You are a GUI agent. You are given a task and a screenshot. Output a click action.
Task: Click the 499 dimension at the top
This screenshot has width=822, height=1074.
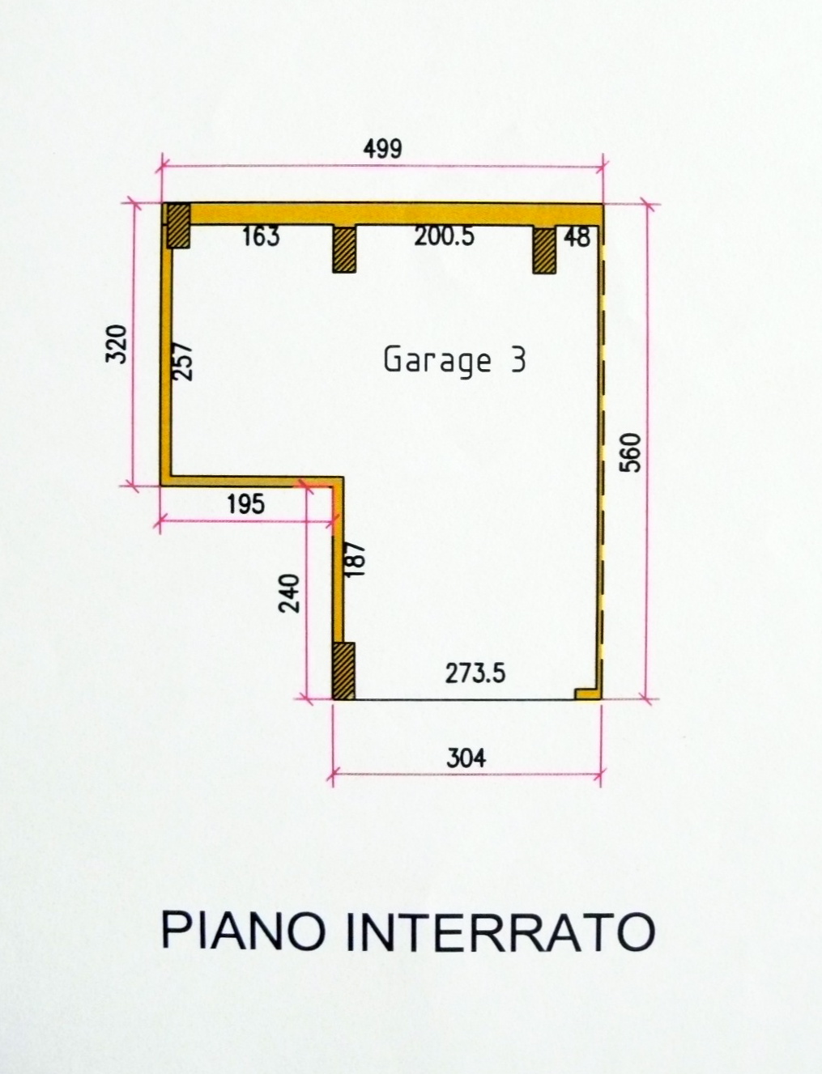(x=382, y=149)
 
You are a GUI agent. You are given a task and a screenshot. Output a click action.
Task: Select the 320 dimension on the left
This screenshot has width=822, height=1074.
(x=117, y=343)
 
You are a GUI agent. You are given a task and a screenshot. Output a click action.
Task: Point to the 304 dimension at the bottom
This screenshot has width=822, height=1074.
(x=466, y=758)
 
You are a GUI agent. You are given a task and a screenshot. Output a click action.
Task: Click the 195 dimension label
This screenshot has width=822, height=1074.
(x=246, y=504)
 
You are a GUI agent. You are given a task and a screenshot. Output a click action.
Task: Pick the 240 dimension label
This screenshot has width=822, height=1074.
(x=288, y=593)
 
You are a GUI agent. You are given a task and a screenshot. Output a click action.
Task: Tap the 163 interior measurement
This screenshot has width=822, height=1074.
(x=261, y=236)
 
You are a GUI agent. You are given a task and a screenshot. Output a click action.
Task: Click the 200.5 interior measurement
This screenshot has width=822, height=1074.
(x=444, y=236)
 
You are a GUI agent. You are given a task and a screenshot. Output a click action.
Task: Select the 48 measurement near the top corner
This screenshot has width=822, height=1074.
(x=577, y=237)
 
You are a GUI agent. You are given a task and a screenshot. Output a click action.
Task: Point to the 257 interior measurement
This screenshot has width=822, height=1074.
(x=184, y=361)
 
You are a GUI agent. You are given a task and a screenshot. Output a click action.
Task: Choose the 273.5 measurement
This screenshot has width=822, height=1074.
(x=475, y=673)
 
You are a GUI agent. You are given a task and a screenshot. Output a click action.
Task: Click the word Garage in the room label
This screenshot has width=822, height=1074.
(x=437, y=361)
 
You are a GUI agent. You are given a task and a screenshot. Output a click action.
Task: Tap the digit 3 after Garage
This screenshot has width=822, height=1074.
(x=518, y=359)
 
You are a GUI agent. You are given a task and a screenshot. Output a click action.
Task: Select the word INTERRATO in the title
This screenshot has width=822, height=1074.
(x=500, y=930)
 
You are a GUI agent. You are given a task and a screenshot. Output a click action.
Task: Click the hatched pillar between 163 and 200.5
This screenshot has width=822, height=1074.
(x=344, y=248)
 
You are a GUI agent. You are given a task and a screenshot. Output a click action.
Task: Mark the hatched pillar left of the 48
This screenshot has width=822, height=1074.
(x=544, y=250)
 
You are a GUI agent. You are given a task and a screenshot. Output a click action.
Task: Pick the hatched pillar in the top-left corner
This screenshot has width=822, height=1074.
(x=178, y=226)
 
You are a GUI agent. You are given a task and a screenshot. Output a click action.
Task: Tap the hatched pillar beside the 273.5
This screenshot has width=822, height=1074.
(x=343, y=671)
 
